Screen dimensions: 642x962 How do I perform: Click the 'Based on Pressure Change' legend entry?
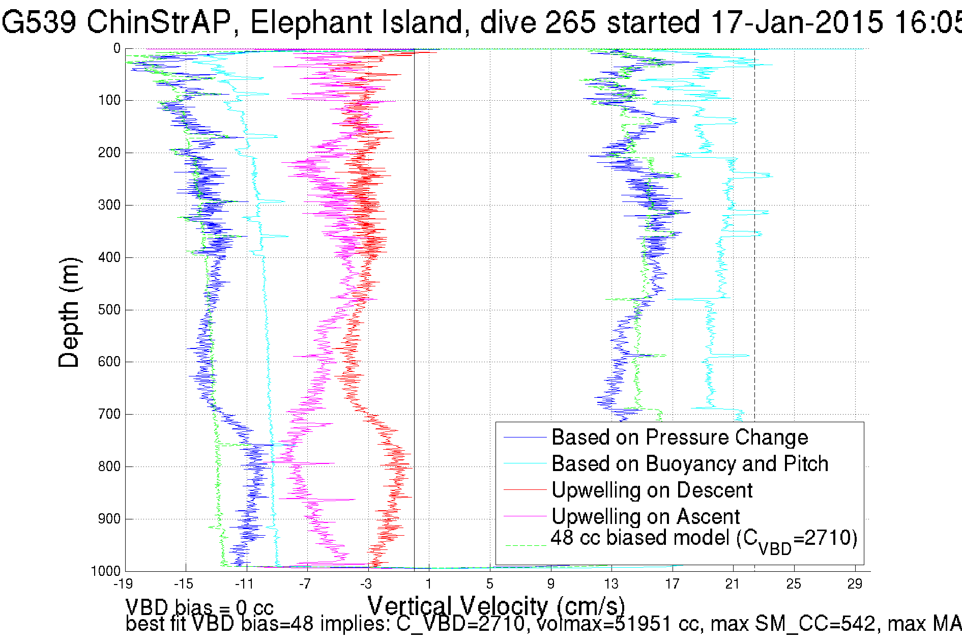pos(679,437)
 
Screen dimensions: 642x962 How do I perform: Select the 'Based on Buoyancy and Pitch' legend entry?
pos(689,464)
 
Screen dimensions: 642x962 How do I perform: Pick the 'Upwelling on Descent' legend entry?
pos(652,490)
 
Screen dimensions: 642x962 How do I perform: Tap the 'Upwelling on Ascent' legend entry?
pos(645,517)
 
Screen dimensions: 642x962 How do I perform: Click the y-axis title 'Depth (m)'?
pos(69,312)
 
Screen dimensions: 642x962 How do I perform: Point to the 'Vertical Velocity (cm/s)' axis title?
pos(496,606)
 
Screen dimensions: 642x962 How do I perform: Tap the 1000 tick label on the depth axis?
pos(106,571)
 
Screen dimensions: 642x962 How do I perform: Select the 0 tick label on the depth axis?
pos(116,49)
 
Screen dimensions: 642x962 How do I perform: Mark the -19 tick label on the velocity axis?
pos(123,584)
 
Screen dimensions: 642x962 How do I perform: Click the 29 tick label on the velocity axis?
pos(855,584)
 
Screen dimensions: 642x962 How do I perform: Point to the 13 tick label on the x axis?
pos(611,584)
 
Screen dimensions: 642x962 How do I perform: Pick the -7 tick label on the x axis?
pos(305,584)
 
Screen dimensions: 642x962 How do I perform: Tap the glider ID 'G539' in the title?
pos(39,23)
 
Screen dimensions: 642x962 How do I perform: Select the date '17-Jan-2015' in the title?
pos(796,23)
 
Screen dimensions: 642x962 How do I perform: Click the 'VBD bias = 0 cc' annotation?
pos(199,607)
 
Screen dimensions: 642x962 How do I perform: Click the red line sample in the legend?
pos(524,490)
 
